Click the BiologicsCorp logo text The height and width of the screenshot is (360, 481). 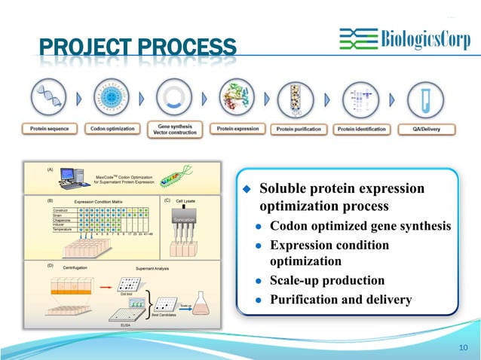pos(421,39)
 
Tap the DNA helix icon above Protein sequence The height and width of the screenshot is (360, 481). pos(49,99)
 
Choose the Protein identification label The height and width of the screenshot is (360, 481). pos(362,130)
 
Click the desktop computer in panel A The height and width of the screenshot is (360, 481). pos(71,178)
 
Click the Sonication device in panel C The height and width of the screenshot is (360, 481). pos(185,220)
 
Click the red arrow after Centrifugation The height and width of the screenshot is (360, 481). pos(106,286)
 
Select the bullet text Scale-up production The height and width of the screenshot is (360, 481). pos(326,280)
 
